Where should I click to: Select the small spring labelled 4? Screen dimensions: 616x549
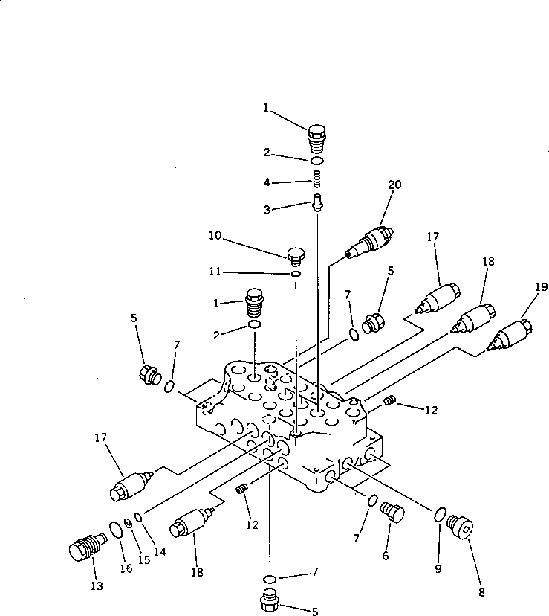point(317,179)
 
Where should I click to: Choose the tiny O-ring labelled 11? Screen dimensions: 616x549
point(296,275)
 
